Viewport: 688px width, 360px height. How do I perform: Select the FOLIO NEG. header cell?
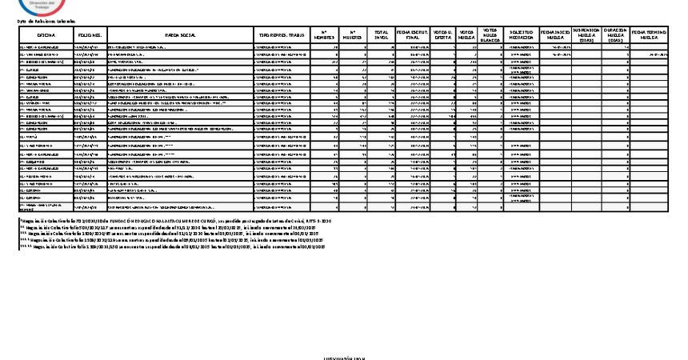pyautogui.click(x=89, y=35)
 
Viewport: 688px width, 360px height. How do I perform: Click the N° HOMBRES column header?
pyautogui.click(x=324, y=35)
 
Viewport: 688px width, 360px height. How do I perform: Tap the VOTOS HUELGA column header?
pyautogui.click(x=467, y=35)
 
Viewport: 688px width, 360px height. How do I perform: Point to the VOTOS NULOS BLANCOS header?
pyautogui.click(x=491, y=35)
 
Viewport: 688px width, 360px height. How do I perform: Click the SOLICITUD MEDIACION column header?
pyautogui.click(x=522, y=35)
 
